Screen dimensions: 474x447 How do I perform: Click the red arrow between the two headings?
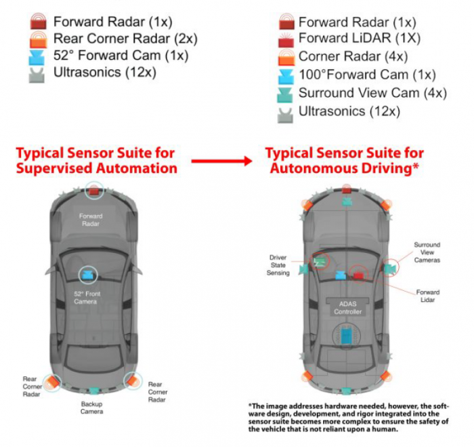(221, 161)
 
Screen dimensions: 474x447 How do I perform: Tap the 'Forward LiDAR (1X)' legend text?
(360, 38)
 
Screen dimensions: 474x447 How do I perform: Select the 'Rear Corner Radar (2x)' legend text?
(125, 39)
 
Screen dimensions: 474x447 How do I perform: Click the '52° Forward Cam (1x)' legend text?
(121, 56)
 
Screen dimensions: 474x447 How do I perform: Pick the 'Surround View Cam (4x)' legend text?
(372, 93)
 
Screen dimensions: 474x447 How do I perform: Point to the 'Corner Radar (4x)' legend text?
(353, 56)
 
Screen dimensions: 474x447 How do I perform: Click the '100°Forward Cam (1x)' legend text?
(367, 75)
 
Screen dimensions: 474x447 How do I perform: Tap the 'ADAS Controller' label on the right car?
(347, 308)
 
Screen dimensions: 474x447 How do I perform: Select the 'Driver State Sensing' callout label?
(278, 265)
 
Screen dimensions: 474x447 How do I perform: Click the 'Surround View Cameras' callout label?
(427, 252)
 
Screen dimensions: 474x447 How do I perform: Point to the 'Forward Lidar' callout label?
(428, 296)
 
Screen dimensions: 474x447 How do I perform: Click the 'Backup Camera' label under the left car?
(91, 408)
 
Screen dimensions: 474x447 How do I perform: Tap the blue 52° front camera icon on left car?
(88, 275)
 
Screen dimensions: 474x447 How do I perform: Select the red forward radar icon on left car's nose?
(94, 191)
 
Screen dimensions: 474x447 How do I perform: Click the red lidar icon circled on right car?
(360, 275)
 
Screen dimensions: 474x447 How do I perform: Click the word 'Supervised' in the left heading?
(60, 168)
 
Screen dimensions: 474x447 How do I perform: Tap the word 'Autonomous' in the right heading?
(314, 168)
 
